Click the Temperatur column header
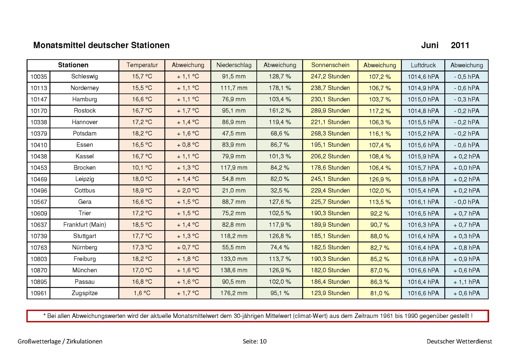pos(142,65)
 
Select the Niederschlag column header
pos(234,65)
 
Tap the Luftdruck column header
pos(423,65)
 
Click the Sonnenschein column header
pos(330,65)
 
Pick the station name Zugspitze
pos(85,293)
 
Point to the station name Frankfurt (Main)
pos(85,225)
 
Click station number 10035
pos(39,77)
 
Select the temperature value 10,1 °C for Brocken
pos(142,168)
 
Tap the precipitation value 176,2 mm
pos(234,293)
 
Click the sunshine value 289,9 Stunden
pos(330,111)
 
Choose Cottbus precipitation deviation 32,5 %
pos(280,191)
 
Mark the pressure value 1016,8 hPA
pos(423,259)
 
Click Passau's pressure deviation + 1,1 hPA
pos(466,282)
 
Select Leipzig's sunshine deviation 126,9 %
pos(380,179)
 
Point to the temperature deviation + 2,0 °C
pos(188,191)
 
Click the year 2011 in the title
pos(460,45)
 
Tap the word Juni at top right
pos(430,45)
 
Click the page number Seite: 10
pos(254,341)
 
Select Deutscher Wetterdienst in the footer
pos(459,341)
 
